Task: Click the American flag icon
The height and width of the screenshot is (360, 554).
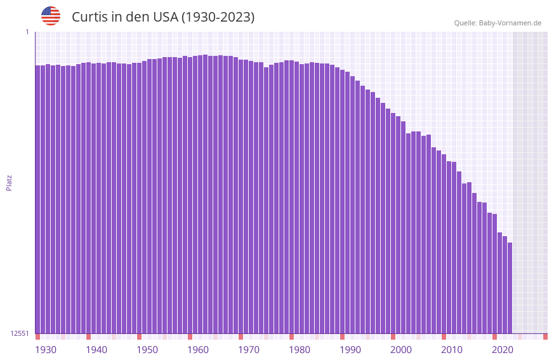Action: (51, 16)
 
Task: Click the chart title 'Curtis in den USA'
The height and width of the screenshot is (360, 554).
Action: (163, 17)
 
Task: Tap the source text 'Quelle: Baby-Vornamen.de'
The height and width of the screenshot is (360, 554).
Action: (498, 23)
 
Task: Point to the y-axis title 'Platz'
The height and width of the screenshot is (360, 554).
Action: (9, 182)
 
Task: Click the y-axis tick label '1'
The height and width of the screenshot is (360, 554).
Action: (27, 32)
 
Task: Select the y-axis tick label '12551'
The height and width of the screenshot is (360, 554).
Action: (19, 333)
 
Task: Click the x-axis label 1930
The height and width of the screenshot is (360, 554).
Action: (46, 350)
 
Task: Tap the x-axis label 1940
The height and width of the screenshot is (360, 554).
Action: (96, 350)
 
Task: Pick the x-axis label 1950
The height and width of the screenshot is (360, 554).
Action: (147, 350)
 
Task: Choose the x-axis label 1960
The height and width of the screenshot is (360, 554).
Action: (198, 350)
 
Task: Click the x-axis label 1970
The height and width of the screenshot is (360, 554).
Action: (249, 350)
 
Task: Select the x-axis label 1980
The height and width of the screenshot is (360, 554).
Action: (300, 350)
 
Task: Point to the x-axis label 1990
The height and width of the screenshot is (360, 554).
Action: (350, 350)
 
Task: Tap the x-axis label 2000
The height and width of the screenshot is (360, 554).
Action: (401, 350)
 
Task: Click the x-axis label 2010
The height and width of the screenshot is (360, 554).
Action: (452, 350)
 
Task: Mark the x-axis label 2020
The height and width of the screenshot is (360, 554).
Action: (503, 350)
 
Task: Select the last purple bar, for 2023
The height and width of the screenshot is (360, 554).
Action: (510, 286)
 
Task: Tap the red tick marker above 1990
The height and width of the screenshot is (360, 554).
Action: (342, 337)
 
